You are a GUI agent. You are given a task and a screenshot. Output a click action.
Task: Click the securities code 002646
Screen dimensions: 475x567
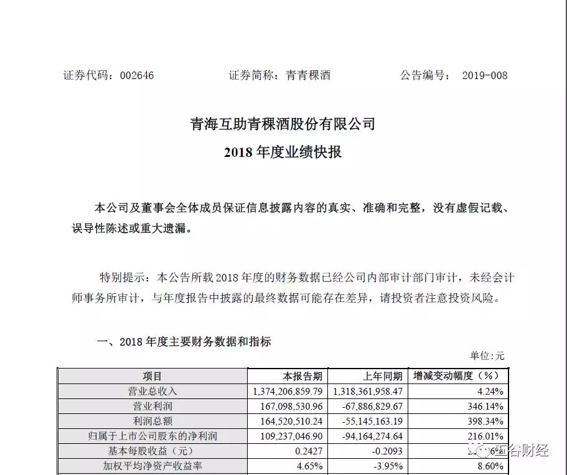coord(131,76)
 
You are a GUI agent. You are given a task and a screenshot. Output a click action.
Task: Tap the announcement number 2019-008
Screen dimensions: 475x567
coord(484,76)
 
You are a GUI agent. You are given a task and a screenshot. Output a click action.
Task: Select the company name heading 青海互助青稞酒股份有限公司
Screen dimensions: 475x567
coord(283,124)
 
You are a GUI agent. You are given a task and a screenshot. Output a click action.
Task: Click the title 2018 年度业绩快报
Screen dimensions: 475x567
coord(283,152)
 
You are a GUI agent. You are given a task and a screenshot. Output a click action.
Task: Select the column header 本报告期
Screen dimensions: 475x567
coord(302,376)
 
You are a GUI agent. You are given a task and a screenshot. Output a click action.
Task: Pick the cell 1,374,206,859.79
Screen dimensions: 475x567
coord(288,391)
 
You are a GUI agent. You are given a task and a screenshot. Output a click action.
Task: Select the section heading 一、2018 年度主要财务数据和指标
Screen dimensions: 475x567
coord(184,342)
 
